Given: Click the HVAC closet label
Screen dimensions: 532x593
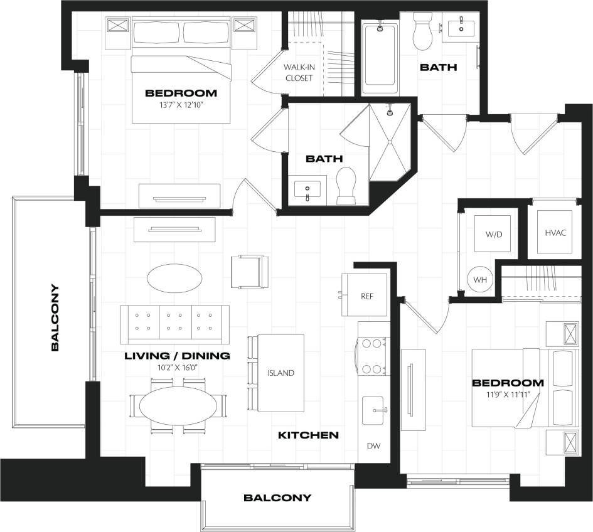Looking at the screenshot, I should tap(555, 233).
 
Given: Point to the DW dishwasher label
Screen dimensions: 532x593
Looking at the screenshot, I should tap(373, 446).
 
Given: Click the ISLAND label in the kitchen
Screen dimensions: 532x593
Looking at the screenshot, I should tap(280, 373).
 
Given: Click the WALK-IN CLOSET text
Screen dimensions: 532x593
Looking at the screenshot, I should tap(299, 73).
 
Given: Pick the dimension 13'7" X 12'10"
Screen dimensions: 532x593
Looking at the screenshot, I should tap(181, 105).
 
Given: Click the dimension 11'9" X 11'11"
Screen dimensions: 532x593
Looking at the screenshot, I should tap(508, 394).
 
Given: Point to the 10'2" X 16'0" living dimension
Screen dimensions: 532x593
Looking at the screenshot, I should tap(177, 367).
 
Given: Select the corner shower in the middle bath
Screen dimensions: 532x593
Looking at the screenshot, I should tap(389, 141).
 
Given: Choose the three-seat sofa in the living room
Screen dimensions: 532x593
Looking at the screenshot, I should tap(175, 321).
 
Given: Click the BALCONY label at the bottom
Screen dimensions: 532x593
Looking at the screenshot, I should tap(277, 498).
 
